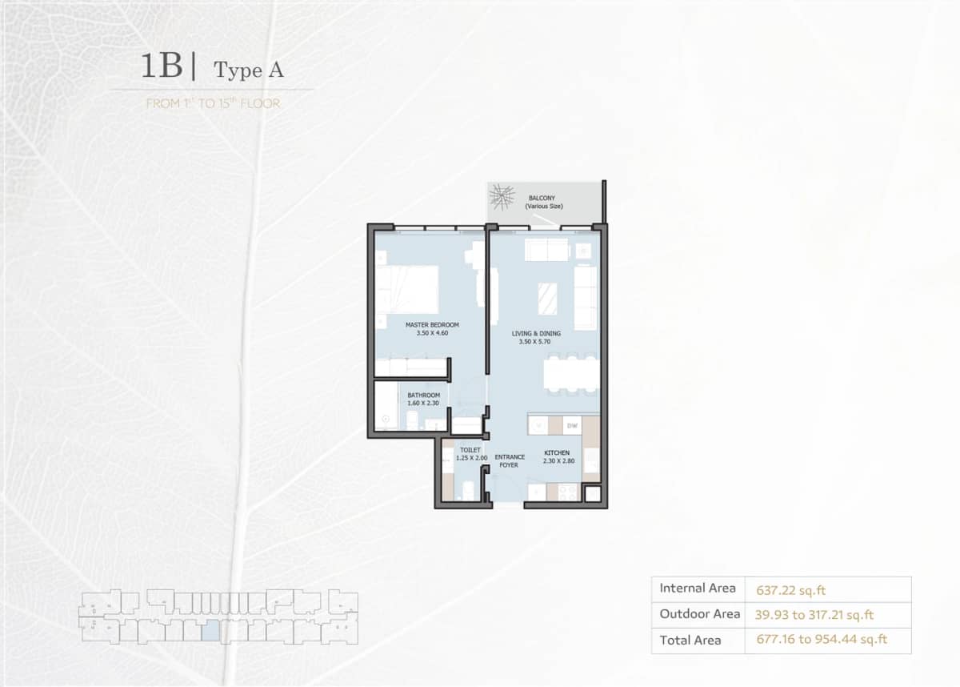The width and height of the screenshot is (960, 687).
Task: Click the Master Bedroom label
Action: pos(432,324)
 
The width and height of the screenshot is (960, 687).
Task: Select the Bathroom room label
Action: pos(423,395)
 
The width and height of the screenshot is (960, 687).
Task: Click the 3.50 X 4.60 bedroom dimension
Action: pos(432,333)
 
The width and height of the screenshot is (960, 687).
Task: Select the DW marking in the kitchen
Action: pos(574,424)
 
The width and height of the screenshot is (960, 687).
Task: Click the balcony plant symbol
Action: pos(502,197)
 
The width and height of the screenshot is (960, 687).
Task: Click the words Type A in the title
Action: pos(249,70)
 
